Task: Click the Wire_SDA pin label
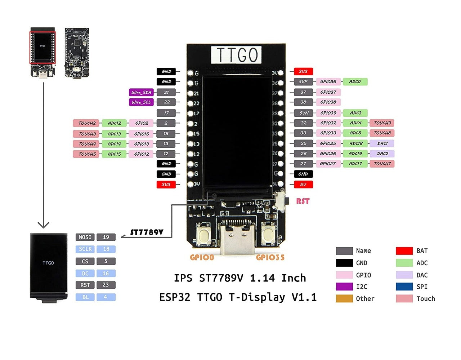(141, 92)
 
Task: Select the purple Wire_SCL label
(141, 102)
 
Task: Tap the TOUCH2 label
(87, 123)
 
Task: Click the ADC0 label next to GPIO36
(355, 82)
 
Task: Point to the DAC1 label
(382, 143)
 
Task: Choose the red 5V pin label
(303, 185)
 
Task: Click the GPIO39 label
(328, 113)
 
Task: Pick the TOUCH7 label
(382, 164)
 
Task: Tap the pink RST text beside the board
(303, 201)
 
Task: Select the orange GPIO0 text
(202, 257)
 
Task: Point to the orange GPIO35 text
(270, 257)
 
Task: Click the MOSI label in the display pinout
(85, 237)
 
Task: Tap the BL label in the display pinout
(85, 297)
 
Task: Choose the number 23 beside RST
(106, 285)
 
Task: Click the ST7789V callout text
(147, 232)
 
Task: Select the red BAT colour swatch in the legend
(404, 251)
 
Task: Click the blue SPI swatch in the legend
(404, 287)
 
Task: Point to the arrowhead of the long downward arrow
(44, 225)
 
